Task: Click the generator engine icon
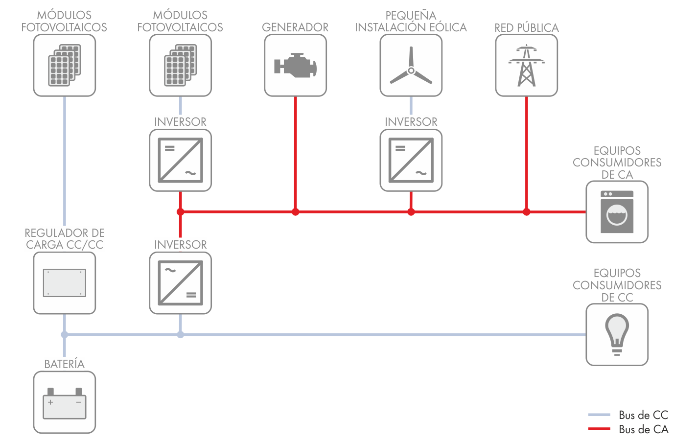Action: point(295,66)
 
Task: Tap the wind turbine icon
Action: point(411,67)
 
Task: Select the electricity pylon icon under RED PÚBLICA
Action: point(526,66)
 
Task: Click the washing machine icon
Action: point(617,212)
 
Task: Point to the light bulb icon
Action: point(617,334)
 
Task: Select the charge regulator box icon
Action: point(65,283)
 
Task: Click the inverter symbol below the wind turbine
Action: point(411,160)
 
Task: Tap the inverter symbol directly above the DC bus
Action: point(180,283)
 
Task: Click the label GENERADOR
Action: point(295,27)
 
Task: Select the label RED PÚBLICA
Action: point(526,27)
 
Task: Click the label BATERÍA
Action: point(65,364)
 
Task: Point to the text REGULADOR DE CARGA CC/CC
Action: point(65,239)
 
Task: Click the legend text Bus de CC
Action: point(643,415)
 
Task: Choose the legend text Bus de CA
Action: point(643,429)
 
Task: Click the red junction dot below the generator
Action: point(295,212)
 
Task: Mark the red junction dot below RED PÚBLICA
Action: point(526,212)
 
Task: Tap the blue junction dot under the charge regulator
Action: point(65,334)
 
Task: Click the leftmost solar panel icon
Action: point(65,66)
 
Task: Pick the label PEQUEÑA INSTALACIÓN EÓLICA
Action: point(411,22)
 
